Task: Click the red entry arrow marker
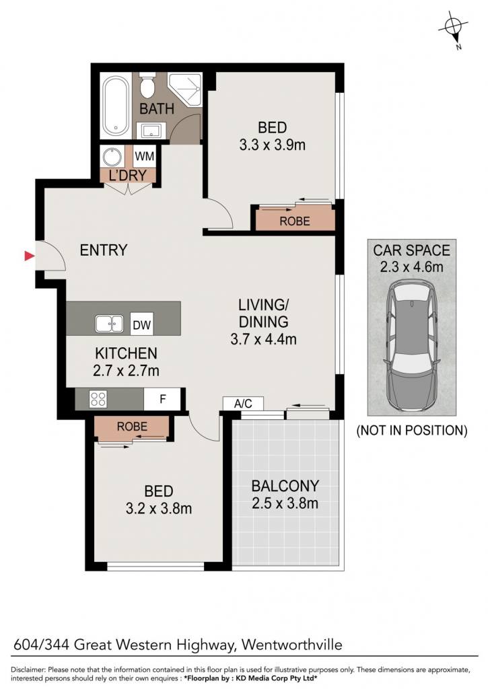click(29, 255)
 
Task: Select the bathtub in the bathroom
click(116, 106)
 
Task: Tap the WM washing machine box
click(144, 156)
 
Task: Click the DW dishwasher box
click(141, 324)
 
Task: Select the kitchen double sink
click(110, 324)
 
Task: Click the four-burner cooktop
click(98, 399)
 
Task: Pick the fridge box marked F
click(162, 399)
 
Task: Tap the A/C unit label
click(243, 404)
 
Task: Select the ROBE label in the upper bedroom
click(295, 221)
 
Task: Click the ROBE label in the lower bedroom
click(132, 426)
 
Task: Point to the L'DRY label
click(127, 176)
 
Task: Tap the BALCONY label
click(285, 486)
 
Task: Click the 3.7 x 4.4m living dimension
click(263, 339)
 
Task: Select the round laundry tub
click(112, 157)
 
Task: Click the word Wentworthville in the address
click(292, 645)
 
